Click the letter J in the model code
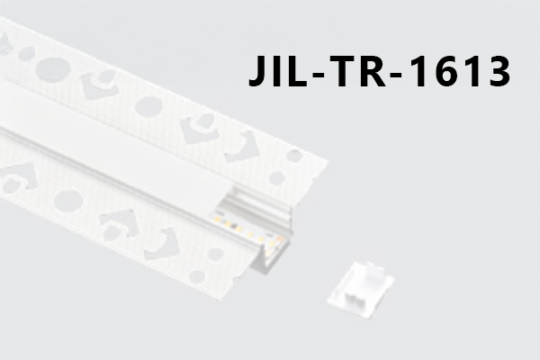tap(258, 71)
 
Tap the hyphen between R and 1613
tap(396, 74)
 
